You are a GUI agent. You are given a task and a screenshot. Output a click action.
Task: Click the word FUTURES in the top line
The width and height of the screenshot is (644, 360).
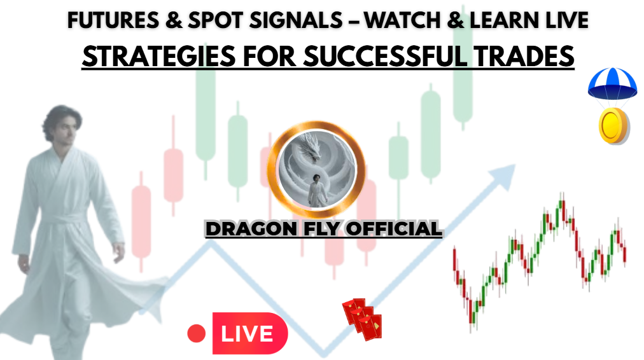(x=113, y=20)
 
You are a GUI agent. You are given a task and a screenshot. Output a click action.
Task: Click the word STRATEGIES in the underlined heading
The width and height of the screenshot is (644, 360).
(x=159, y=57)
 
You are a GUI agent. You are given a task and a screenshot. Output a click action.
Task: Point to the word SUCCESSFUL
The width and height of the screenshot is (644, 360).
(x=385, y=57)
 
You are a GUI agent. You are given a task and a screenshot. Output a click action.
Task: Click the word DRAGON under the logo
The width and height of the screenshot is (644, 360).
(x=251, y=229)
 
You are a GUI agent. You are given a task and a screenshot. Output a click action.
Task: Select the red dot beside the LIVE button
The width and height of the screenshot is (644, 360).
(x=197, y=333)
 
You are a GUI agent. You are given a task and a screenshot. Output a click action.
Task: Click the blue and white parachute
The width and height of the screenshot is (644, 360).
(x=612, y=83)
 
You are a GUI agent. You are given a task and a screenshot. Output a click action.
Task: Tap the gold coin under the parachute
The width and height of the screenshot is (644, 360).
(x=613, y=126)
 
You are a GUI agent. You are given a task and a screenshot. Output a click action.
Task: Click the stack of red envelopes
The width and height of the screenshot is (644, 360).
(x=362, y=319)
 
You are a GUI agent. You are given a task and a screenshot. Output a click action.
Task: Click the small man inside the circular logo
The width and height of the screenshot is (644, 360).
(x=317, y=190)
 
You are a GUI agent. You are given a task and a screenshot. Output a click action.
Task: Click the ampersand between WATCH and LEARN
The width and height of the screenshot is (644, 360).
(x=456, y=20)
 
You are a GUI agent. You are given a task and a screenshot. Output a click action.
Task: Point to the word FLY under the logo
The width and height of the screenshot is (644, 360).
(x=321, y=229)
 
